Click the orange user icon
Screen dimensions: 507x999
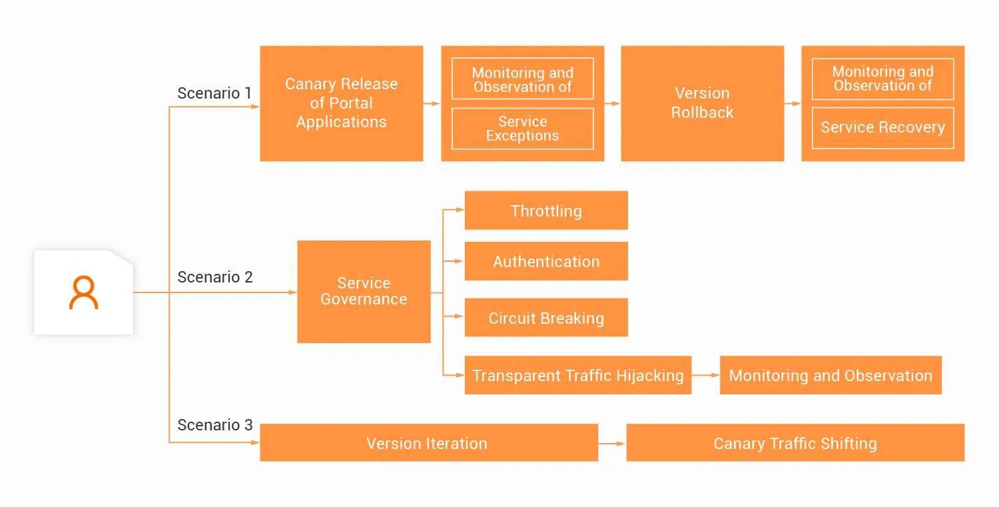coord(84,293)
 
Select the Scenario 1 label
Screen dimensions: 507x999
coord(214,93)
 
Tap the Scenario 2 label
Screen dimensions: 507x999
coord(214,277)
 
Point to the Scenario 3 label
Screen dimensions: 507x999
coord(214,425)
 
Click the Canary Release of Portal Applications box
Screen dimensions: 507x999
coord(341,103)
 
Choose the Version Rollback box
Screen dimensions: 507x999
coord(702,103)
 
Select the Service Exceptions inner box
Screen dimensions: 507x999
coord(522,129)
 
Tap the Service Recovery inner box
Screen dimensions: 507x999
coord(882,128)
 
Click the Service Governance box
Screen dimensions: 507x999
coord(364,292)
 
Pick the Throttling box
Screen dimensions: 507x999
coord(546,211)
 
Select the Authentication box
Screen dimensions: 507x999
coord(546,261)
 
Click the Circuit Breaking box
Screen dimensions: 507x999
coord(546,318)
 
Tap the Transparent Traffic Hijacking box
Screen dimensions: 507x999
coord(577,375)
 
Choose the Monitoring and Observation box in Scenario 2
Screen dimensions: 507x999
coord(831,375)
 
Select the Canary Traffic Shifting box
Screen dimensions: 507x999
coord(795,443)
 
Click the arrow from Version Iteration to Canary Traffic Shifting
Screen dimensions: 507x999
coord(611,443)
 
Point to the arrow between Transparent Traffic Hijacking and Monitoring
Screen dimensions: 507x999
coord(705,375)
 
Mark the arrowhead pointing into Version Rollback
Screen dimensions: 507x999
coord(616,103)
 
